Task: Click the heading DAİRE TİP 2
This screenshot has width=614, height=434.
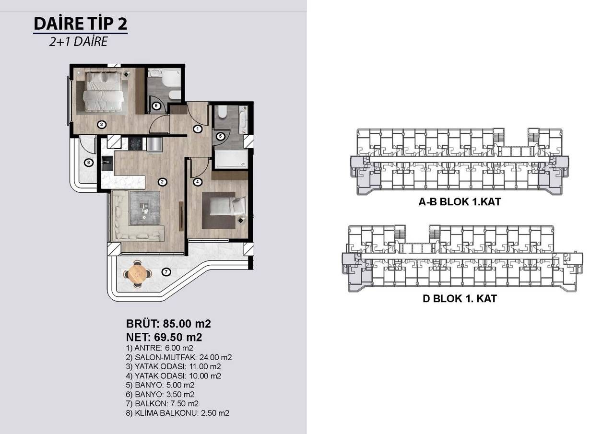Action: click(x=80, y=23)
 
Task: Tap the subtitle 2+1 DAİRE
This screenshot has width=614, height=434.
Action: click(x=78, y=42)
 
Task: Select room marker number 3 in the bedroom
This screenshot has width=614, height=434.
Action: click(x=101, y=125)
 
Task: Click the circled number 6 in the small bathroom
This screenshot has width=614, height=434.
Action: click(x=156, y=106)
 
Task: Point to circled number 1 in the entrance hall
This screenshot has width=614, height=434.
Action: click(x=198, y=129)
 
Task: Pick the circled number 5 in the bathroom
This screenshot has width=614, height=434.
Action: click(x=220, y=136)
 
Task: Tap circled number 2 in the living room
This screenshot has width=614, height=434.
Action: click(x=163, y=182)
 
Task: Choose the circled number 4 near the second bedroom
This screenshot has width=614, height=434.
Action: click(x=197, y=182)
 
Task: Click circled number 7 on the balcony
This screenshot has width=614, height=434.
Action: click(x=166, y=272)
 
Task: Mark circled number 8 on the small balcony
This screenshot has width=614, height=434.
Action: click(x=88, y=163)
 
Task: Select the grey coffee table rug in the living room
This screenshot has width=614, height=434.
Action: click(x=143, y=207)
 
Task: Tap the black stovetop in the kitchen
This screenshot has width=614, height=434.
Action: click(x=134, y=143)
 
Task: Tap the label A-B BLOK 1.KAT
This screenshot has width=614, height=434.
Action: click(x=459, y=202)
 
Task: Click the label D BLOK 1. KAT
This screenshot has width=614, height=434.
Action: click(x=459, y=298)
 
